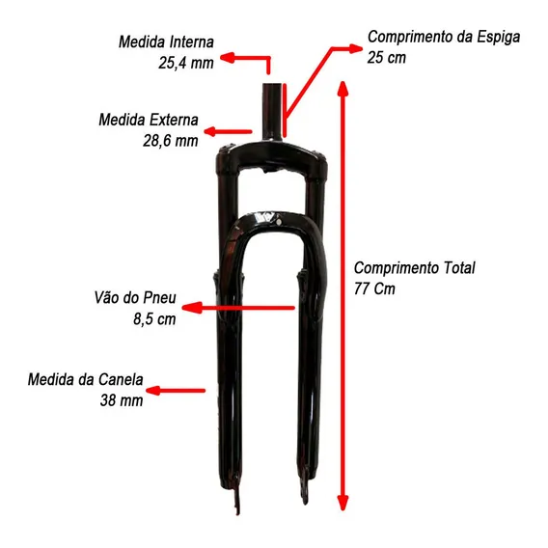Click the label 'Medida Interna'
coord(166,41)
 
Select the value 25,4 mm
coord(186,63)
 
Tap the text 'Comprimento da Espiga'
coord(444,37)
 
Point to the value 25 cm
coord(387,57)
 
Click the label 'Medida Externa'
coord(149,120)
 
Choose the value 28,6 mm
coord(171,141)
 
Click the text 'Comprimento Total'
coord(415,268)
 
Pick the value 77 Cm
coord(374,288)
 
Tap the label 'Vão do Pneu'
coord(135,298)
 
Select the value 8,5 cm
coord(154,318)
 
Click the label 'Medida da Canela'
coord(85,379)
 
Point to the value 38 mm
coord(122,400)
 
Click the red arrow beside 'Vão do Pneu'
coord(238,308)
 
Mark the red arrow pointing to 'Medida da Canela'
coord(176,391)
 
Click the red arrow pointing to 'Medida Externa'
coord(228,132)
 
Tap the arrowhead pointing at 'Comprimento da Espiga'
coord(356,48)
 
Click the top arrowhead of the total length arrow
coord(342,89)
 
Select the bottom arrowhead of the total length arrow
coord(342,504)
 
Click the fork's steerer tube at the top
coord(272,112)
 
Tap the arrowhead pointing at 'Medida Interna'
coord(227,58)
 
